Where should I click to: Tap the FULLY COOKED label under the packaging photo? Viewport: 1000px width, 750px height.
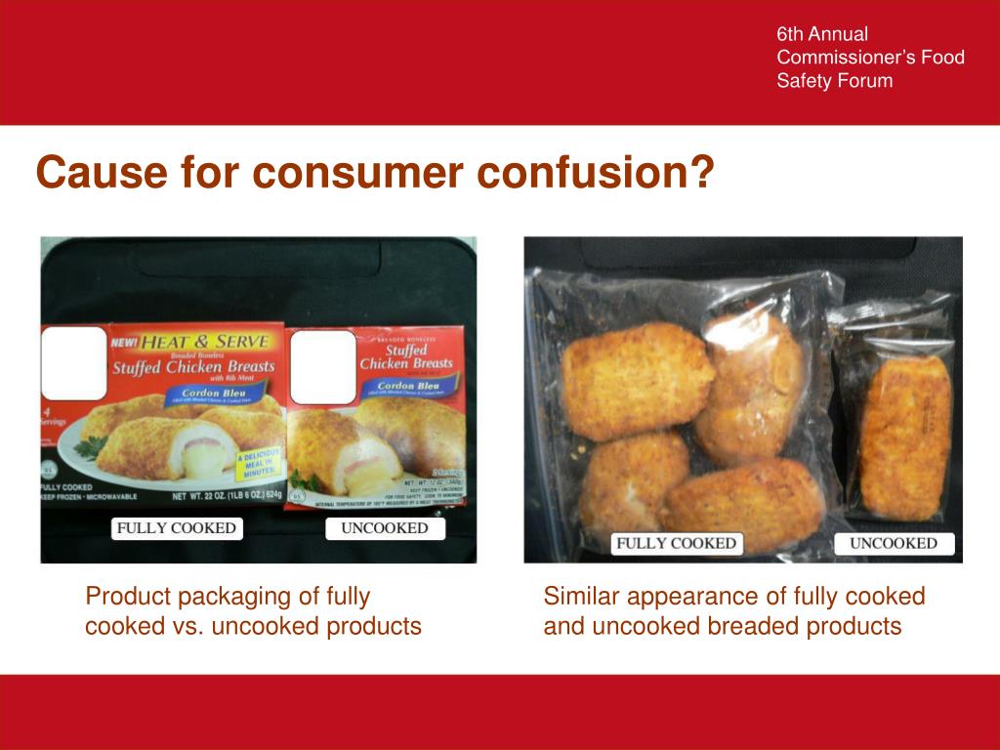pyautogui.click(x=177, y=528)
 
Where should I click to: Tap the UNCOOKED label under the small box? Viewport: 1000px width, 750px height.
pyautogui.click(x=384, y=528)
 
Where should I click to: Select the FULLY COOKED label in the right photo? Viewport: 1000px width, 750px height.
pyautogui.click(x=676, y=544)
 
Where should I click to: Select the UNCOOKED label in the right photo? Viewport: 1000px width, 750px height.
pyautogui.click(x=894, y=544)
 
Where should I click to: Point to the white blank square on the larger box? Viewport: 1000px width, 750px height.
pyautogui.click(x=73, y=363)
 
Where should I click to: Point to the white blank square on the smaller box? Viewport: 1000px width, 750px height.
pyautogui.click(x=322, y=367)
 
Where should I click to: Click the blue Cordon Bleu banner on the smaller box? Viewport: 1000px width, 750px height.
pyautogui.click(x=414, y=386)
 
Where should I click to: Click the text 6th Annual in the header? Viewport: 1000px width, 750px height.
pyautogui.click(x=822, y=34)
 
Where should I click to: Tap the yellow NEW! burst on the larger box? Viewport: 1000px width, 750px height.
pyautogui.click(x=124, y=342)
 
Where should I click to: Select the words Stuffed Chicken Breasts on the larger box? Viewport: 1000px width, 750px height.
pyautogui.click(x=193, y=368)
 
